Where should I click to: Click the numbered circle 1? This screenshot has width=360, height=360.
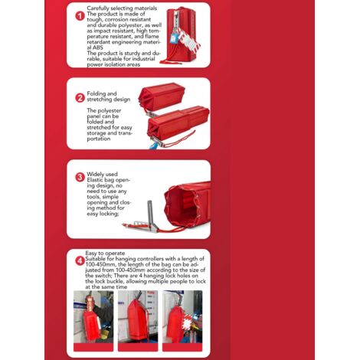[80, 16]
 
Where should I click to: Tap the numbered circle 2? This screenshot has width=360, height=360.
[80, 98]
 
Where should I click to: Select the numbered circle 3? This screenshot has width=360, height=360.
[80, 177]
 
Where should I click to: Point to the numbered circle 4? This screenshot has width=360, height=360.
[80, 261]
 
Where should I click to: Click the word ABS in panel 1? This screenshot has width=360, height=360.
[97, 47]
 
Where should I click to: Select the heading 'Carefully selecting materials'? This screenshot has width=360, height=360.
[122, 8]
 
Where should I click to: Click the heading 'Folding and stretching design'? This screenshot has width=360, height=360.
[109, 97]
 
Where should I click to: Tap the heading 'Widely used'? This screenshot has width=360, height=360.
[102, 174]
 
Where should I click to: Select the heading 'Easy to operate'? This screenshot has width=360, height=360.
[105, 253]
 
